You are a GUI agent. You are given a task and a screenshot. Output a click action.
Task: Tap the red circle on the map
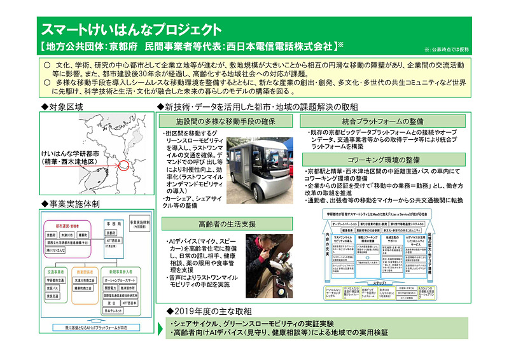click(123, 167)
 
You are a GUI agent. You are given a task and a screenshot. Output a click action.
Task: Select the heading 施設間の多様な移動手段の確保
click(216, 121)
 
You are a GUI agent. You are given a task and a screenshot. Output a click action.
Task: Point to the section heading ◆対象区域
click(62, 106)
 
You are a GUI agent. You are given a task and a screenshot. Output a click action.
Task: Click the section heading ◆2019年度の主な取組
click(208, 312)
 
